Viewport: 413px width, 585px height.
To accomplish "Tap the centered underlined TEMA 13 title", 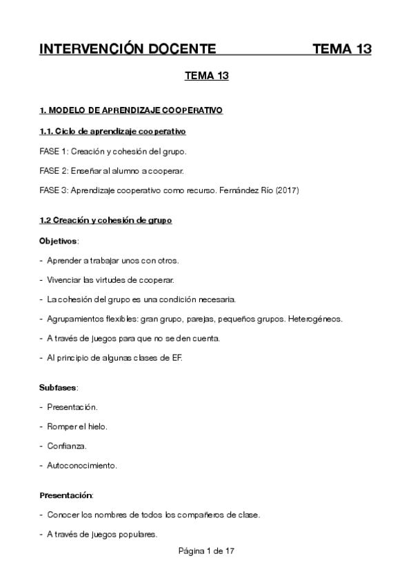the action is (x=206, y=77).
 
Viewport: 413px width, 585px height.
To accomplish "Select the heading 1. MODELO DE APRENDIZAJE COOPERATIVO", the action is (x=131, y=110).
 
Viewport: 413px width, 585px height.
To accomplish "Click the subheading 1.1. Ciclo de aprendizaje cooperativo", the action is (x=111, y=131).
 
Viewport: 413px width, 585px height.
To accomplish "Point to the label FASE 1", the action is (x=53, y=150).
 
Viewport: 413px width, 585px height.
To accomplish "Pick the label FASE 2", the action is (x=53, y=170).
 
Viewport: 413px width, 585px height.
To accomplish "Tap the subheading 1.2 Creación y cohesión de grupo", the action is (x=105, y=221).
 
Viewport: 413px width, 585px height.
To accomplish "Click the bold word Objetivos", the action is (x=59, y=241).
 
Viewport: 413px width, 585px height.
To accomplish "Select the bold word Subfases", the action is (x=58, y=388).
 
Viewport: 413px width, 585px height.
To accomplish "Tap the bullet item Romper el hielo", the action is (x=77, y=426).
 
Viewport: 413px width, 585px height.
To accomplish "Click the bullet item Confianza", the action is (x=67, y=446).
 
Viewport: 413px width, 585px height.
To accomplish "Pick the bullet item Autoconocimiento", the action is (x=81, y=465).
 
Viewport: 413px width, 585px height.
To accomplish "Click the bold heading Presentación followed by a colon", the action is (x=66, y=495).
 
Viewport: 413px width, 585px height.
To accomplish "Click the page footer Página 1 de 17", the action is (x=206, y=552).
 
